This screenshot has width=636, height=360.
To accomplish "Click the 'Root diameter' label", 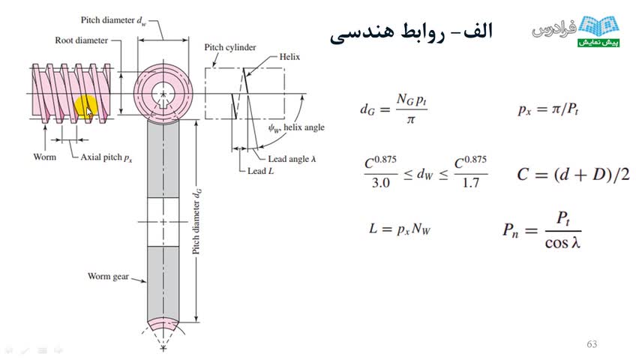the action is pos(82,40).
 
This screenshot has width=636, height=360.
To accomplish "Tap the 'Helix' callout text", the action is pos(289,57).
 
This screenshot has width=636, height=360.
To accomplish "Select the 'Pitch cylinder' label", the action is pos(230,47).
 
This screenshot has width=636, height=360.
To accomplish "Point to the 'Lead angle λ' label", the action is pos(292,159).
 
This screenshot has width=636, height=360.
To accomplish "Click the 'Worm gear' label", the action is pos(108,276).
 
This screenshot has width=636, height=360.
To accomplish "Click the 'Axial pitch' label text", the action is pos(106,157).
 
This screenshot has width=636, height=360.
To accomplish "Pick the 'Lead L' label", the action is pos(261,171).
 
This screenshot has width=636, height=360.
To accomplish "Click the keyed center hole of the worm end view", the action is pos(163,94).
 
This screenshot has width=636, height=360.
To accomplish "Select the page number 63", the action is pos(592,344).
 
